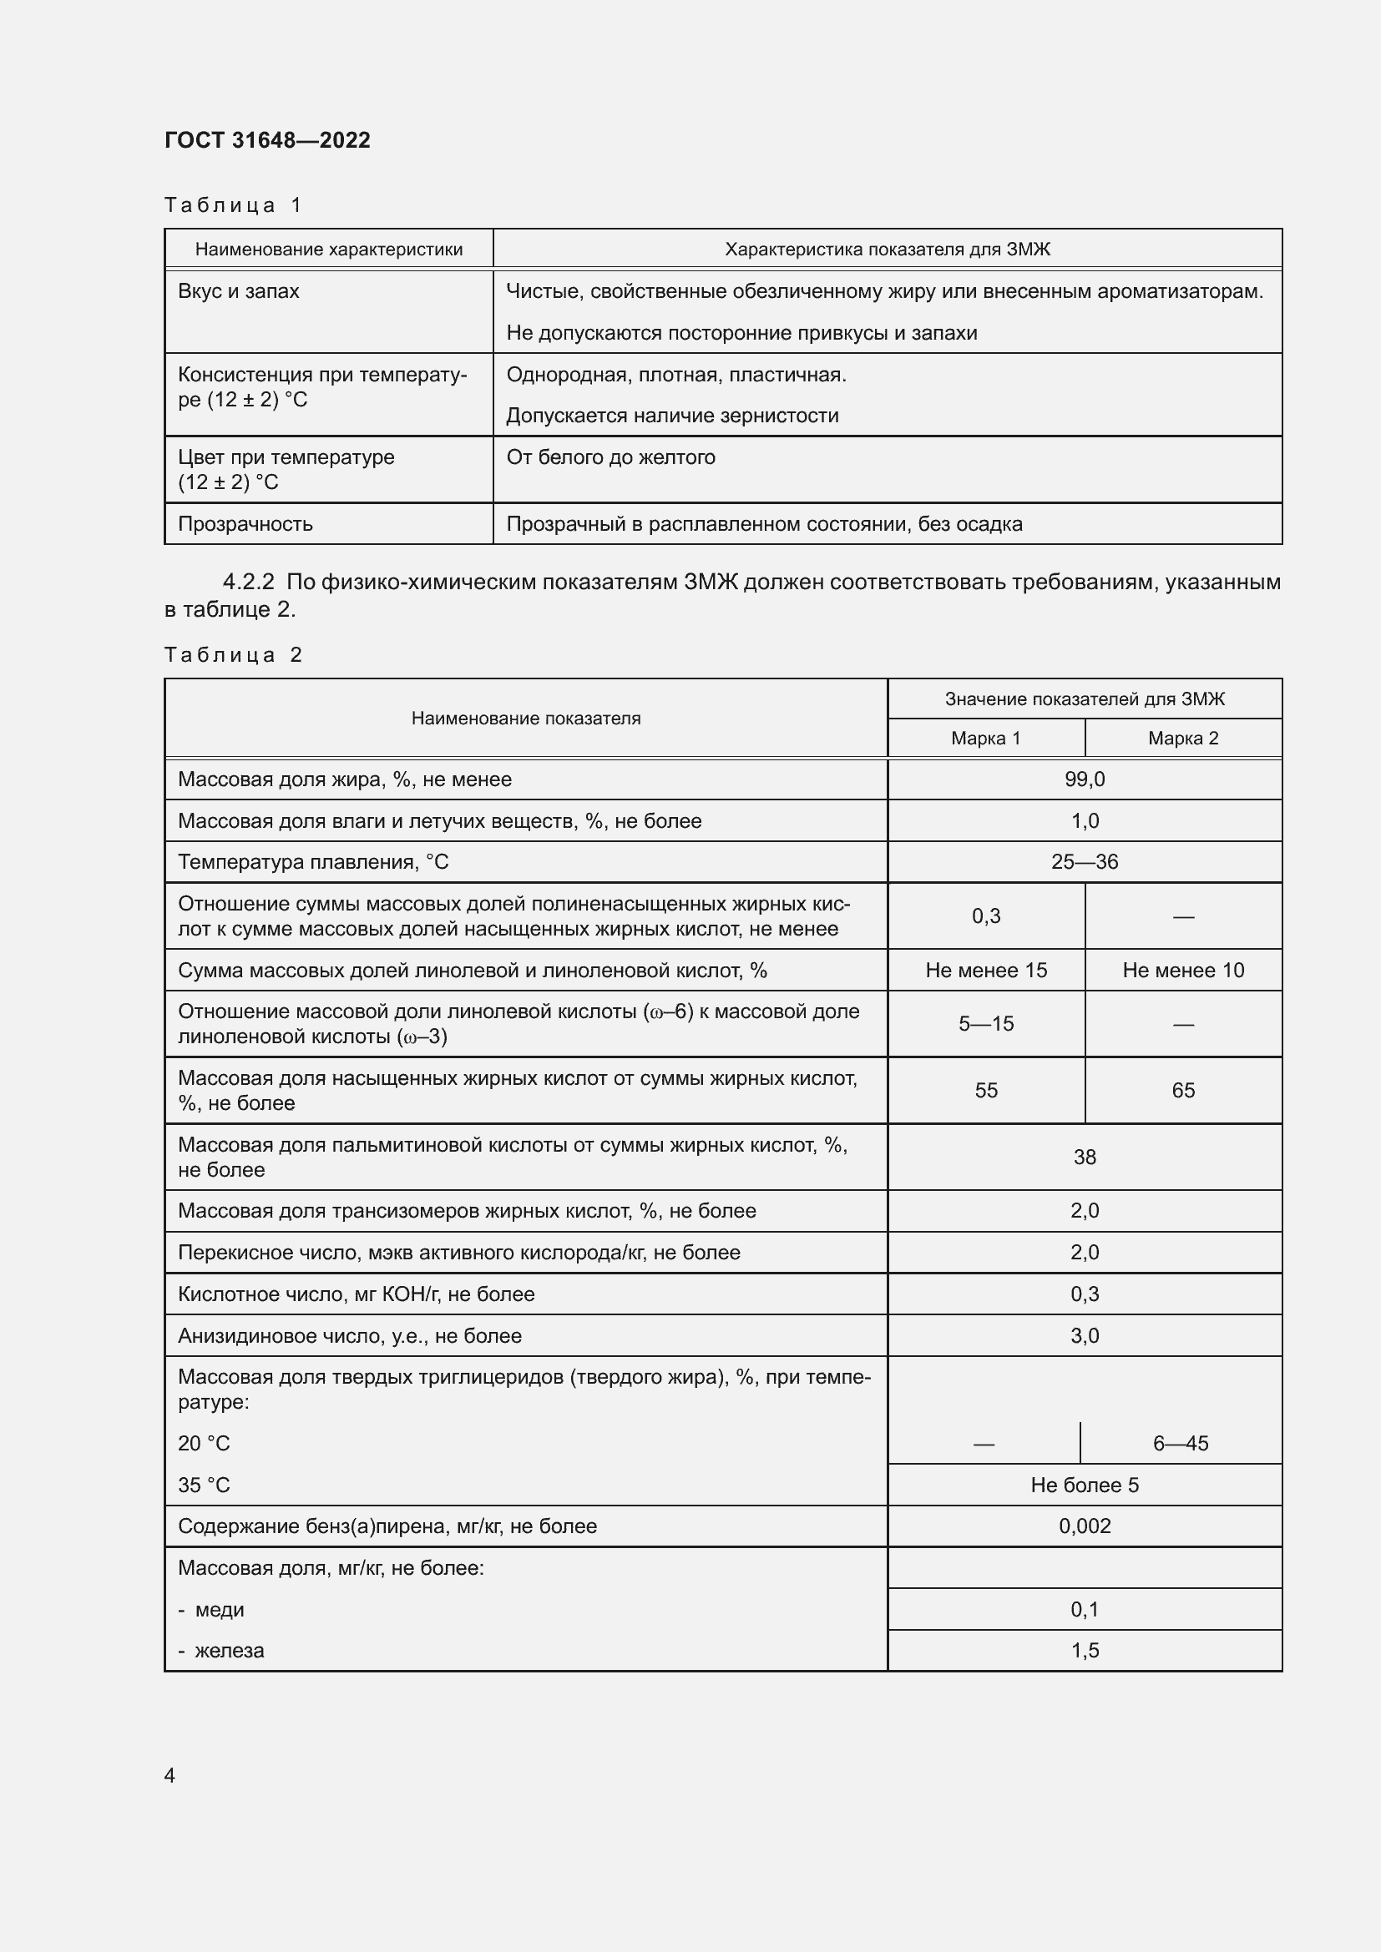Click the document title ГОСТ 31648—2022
click(267, 140)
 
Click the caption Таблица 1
click(233, 205)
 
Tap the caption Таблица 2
click(233, 654)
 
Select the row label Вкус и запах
click(238, 291)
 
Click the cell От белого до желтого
click(610, 457)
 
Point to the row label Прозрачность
click(245, 524)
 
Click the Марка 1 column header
click(985, 738)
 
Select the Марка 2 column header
click(1183, 738)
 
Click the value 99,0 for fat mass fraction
click(1085, 779)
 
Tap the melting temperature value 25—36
click(1085, 862)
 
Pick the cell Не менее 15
click(985, 970)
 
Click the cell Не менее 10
click(1183, 970)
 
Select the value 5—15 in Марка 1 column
click(985, 1024)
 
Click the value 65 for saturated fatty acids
click(1183, 1090)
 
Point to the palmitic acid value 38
click(1085, 1157)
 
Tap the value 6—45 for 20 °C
click(1181, 1443)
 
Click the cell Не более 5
click(1085, 1485)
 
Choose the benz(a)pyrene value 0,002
click(1085, 1526)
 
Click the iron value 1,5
click(1085, 1650)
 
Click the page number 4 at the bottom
click(169, 1775)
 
